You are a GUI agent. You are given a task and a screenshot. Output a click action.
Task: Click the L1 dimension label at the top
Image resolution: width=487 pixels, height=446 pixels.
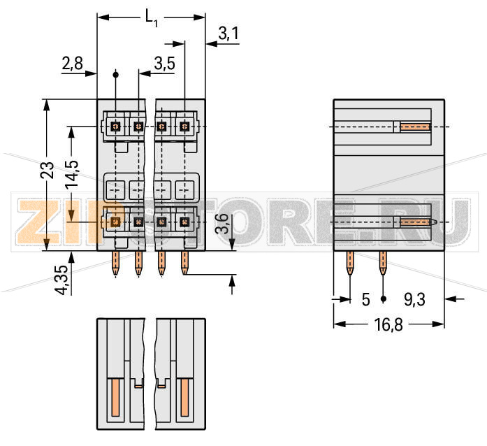pyautogui.click(x=152, y=18)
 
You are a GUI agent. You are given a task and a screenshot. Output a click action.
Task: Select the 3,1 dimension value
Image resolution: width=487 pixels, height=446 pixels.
pyautogui.click(x=228, y=33)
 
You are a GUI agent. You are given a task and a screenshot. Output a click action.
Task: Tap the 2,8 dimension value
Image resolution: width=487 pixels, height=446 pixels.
pyautogui.click(x=72, y=64)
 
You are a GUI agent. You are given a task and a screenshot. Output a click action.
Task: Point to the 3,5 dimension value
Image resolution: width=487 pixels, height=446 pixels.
pyautogui.click(x=163, y=64)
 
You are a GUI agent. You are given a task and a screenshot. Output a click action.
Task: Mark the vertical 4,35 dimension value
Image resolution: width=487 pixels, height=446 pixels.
pyautogui.click(x=63, y=280)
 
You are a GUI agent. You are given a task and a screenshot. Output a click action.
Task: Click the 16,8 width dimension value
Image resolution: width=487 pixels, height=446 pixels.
pyautogui.click(x=388, y=325)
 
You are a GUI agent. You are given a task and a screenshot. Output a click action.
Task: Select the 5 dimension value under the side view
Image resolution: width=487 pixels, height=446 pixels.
pyautogui.click(x=365, y=300)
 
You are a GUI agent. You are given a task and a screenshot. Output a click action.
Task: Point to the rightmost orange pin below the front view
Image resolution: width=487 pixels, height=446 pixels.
pyautogui.click(x=185, y=264)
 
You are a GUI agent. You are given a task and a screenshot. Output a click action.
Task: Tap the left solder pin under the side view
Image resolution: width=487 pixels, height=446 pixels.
pyautogui.click(x=350, y=264)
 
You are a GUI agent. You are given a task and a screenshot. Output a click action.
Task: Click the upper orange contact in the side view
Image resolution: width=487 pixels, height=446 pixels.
pyautogui.click(x=414, y=127)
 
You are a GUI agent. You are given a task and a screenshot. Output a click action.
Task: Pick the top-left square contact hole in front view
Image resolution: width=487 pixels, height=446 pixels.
pyautogui.click(x=116, y=127)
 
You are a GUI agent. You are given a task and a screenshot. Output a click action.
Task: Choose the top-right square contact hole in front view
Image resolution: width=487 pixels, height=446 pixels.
pyautogui.click(x=184, y=127)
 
